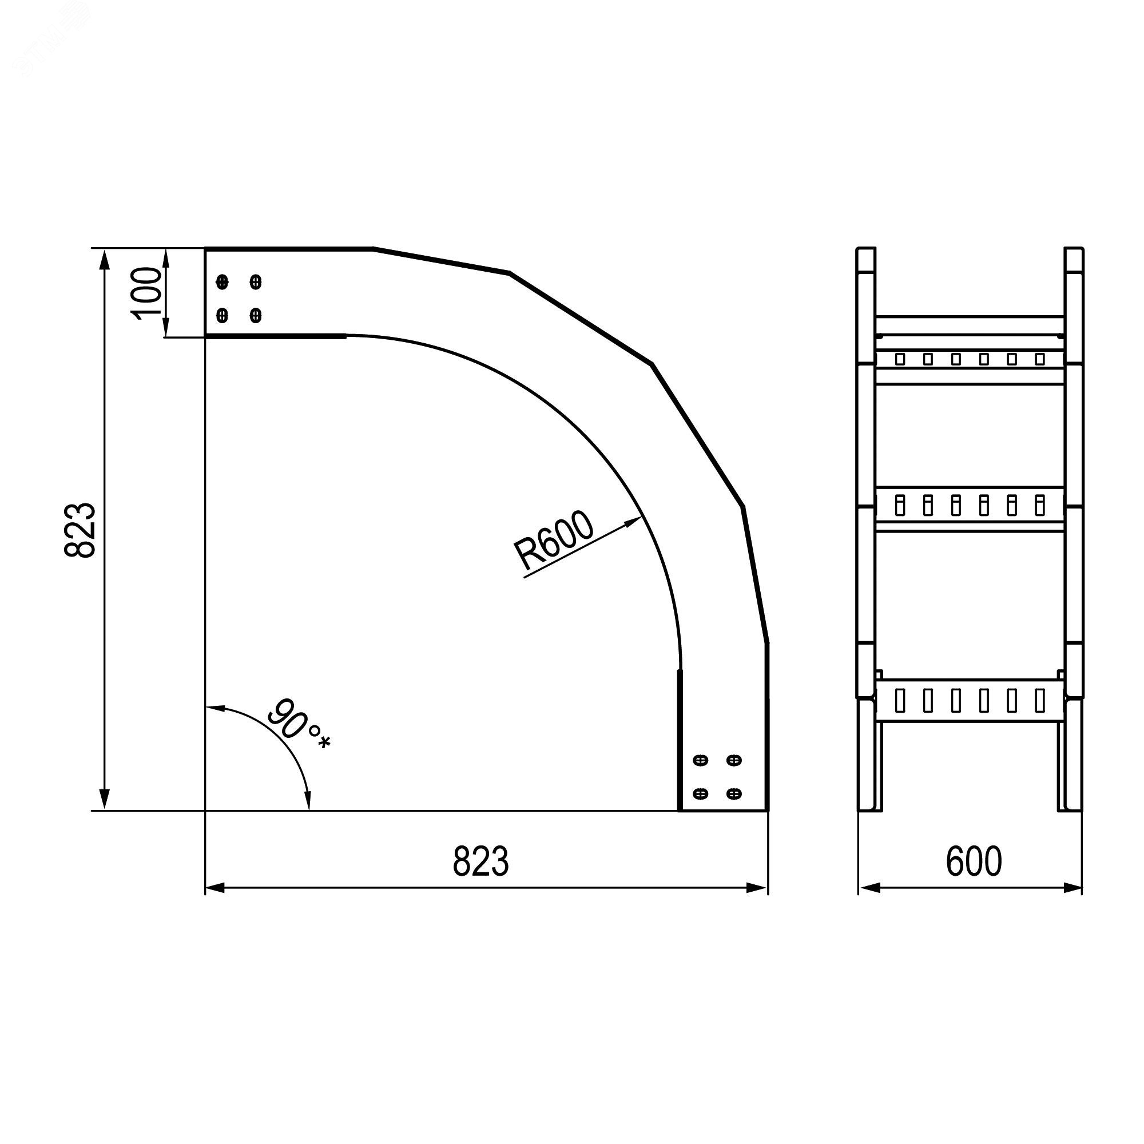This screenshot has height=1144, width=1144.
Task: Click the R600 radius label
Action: click(x=553, y=541)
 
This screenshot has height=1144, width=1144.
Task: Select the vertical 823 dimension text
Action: click(x=80, y=530)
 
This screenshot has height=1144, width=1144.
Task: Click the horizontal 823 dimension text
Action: click(x=480, y=861)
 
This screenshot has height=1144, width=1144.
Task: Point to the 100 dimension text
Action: click(x=146, y=293)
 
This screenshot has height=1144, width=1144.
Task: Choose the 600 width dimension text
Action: click(x=974, y=861)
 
